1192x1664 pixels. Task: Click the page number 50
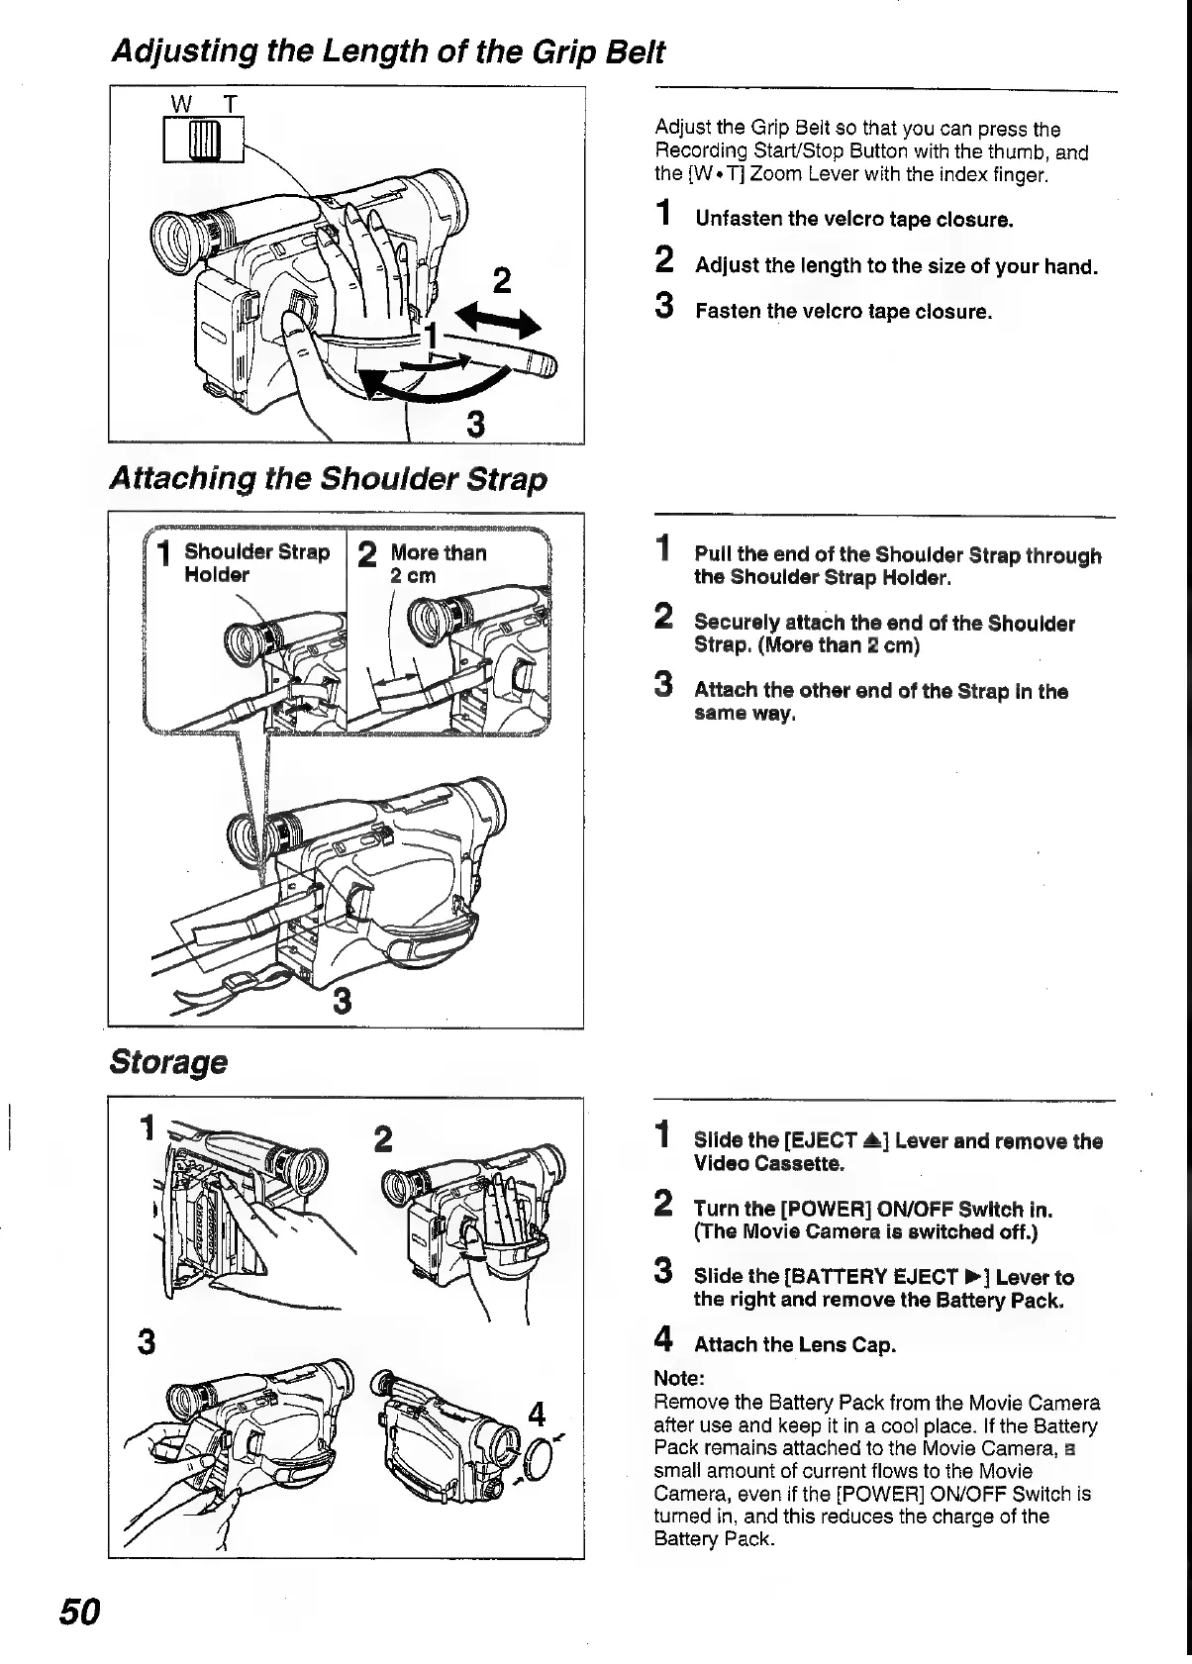click(x=78, y=1612)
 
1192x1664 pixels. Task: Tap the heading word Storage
click(x=167, y=1062)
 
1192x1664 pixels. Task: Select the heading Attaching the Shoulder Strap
click(x=327, y=479)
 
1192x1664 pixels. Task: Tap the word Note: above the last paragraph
click(x=679, y=1378)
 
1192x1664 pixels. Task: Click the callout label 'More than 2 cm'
click(x=438, y=563)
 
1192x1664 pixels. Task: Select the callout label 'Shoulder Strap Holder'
click(x=255, y=563)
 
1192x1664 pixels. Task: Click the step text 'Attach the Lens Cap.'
click(x=794, y=1344)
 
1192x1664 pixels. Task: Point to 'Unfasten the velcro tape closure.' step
click(x=854, y=219)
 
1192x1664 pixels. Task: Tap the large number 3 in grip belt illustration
click(x=475, y=425)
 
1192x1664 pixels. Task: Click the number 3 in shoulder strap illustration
click(x=343, y=1003)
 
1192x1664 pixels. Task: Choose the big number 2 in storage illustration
click(x=383, y=1139)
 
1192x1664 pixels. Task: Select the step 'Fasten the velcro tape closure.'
click(x=843, y=312)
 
